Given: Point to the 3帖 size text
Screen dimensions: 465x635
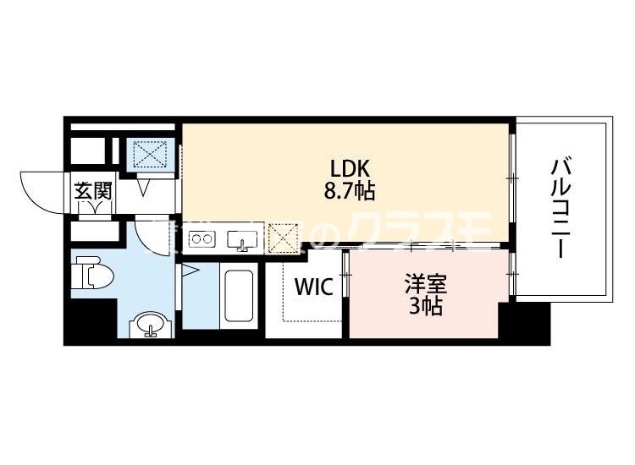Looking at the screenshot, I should (x=425, y=307).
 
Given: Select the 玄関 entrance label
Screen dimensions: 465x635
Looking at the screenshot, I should (x=93, y=191).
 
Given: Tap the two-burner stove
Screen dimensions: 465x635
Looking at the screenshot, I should (x=202, y=239).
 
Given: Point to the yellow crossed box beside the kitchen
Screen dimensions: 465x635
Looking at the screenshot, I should (x=284, y=238).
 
